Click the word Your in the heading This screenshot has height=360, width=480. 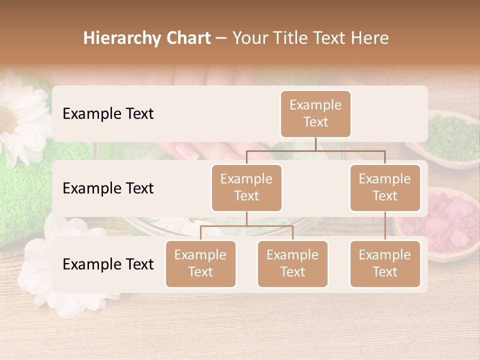(x=250, y=38)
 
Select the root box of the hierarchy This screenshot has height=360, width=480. (x=315, y=113)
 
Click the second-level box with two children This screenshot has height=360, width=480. (x=246, y=187)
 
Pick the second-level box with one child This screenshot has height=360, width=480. (x=385, y=187)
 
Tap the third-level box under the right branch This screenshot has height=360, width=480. (x=385, y=263)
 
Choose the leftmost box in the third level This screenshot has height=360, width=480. (x=200, y=263)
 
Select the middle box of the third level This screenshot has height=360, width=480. (x=292, y=263)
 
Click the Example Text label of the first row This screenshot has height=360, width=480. (x=108, y=113)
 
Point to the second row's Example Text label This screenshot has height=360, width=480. (x=108, y=188)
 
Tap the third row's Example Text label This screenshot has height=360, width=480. (x=108, y=264)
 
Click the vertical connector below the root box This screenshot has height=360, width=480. (x=315, y=144)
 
